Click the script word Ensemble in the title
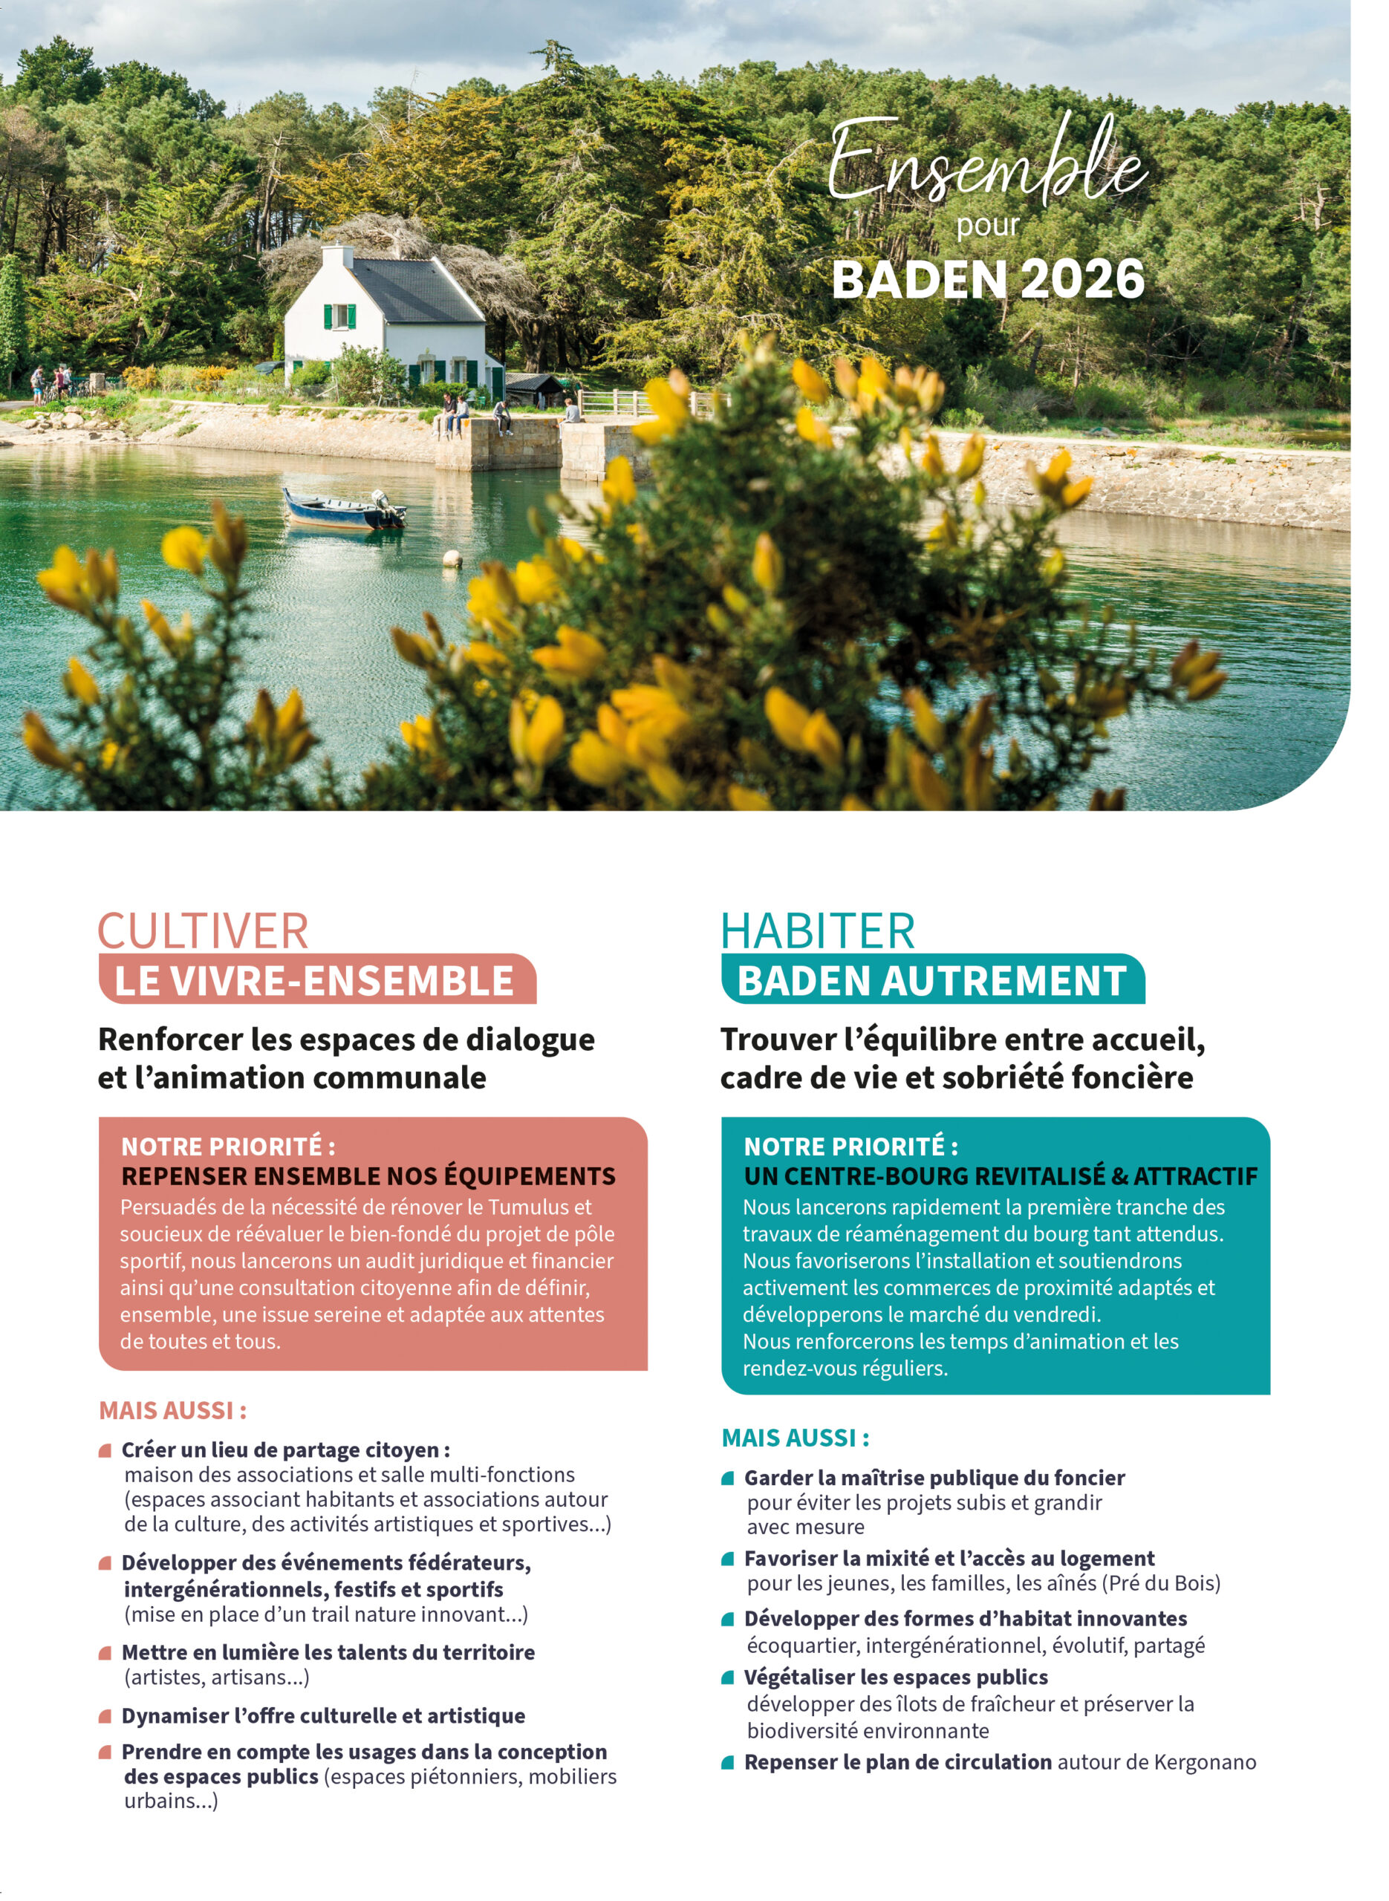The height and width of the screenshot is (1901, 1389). pos(987,165)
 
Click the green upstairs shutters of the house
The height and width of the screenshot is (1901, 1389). pos(339,317)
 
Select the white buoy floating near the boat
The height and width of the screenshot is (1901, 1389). pos(452,557)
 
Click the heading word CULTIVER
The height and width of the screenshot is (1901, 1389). pos(204,931)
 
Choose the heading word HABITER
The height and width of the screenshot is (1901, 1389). pos(817,931)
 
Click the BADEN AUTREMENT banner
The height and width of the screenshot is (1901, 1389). pos(931,980)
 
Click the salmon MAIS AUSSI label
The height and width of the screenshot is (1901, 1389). pos(173,1410)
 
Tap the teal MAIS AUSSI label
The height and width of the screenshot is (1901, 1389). pos(796,1438)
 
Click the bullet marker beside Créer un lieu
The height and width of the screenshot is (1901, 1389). pos(105,1450)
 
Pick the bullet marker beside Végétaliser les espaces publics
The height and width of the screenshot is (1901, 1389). pos(728,1678)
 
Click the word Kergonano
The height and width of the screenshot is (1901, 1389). pos(1205,1762)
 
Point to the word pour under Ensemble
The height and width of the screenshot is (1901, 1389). pos(988,225)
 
